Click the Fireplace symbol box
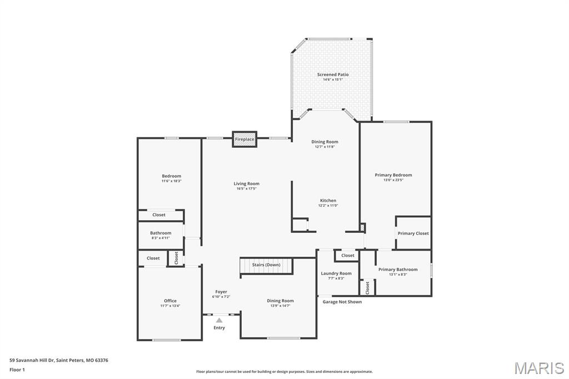tap(244, 139)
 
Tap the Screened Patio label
tap(333, 74)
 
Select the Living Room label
tap(246, 184)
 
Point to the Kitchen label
tap(328, 201)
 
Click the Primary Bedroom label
tap(393, 175)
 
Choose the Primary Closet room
tap(413, 233)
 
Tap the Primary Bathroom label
tap(398, 270)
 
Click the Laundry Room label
tap(336, 273)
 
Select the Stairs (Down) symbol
tap(266, 266)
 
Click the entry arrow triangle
tap(219, 320)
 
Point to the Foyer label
tap(221, 292)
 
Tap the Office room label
tap(170, 301)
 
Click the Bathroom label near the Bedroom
tap(161, 233)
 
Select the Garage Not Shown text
tap(342, 302)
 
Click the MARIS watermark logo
tap(538, 368)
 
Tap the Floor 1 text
tap(17, 369)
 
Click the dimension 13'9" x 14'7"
tap(280, 306)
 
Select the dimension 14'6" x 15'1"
tap(333, 79)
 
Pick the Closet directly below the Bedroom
tap(159, 215)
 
